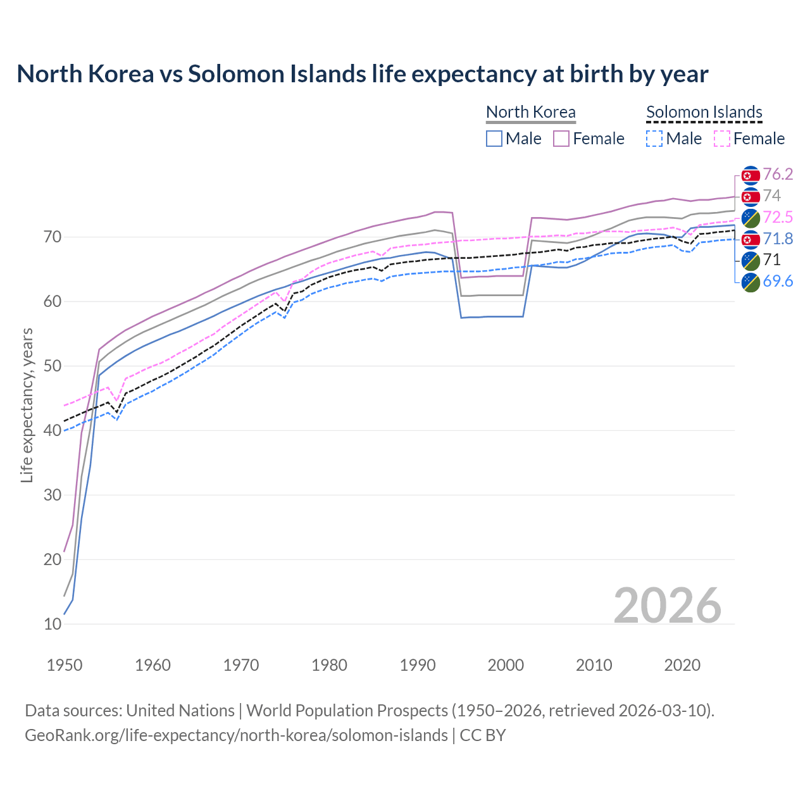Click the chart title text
362,74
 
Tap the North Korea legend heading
530,112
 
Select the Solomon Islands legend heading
704,112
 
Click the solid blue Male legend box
494,139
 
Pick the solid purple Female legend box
562,139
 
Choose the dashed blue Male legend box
654,139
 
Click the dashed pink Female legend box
722,139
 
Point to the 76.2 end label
778,174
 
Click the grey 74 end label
771,196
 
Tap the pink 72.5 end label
778,217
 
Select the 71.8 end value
778,239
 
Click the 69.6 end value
778,281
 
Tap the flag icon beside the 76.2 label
751,175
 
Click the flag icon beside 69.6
751,282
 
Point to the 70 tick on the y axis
53,237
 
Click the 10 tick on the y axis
53,624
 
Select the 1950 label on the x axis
65,665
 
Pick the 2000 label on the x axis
506,665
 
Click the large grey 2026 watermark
667,606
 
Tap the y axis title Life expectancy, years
27,405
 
